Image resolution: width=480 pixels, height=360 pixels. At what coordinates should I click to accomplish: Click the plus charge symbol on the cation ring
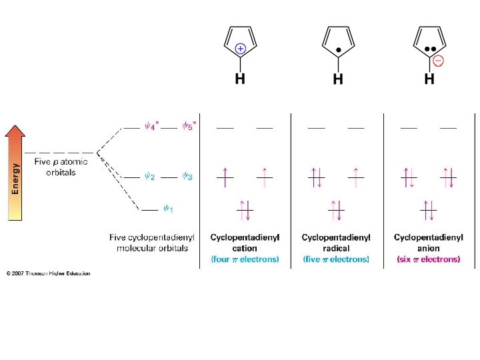point(241,49)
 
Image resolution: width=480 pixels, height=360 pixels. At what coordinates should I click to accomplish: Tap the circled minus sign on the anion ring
point(438,61)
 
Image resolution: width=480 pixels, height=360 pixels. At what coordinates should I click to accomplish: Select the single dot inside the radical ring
point(339,50)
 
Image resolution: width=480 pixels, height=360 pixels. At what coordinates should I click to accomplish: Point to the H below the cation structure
point(239,79)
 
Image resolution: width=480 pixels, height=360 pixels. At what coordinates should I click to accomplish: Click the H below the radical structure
point(338,79)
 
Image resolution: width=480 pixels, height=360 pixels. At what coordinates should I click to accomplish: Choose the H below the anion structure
point(429,79)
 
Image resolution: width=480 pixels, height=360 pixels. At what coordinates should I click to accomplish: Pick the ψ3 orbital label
point(189,177)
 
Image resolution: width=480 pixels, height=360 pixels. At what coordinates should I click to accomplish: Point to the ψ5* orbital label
point(189,127)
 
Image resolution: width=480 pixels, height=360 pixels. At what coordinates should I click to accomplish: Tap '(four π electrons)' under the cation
point(245,259)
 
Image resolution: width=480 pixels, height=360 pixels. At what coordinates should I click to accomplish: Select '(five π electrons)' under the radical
point(336,259)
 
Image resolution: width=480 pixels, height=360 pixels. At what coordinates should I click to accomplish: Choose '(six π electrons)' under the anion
point(428,259)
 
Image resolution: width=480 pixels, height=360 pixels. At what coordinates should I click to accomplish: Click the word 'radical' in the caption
point(336,248)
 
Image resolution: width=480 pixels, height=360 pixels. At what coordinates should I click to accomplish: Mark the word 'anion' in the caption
point(428,248)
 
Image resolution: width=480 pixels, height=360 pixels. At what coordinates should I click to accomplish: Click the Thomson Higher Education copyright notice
point(48,273)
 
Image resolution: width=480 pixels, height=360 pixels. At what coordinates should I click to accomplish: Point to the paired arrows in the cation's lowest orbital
point(245,210)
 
